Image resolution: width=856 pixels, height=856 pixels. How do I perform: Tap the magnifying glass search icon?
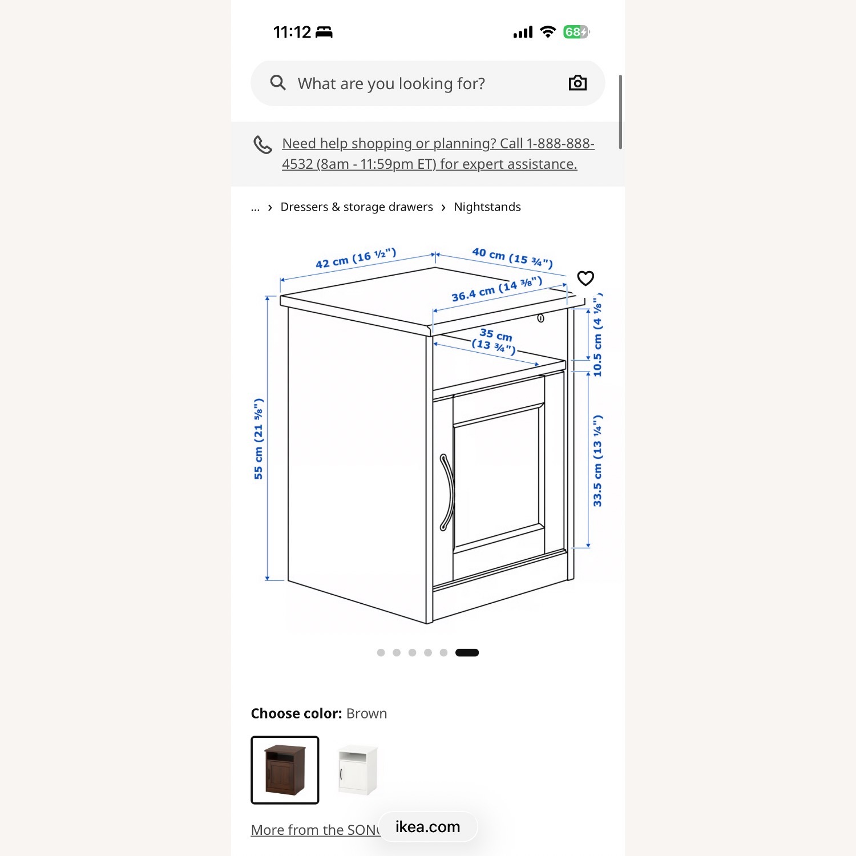click(x=278, y=83)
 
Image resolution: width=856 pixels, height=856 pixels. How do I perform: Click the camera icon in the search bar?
click(x=578, y=83)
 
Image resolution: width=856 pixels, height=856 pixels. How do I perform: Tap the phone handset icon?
click(x=263, y=145)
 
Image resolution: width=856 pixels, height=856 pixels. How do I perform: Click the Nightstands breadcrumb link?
click(x=487, y=207)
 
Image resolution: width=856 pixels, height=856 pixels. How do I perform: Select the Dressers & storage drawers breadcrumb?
click(x=357, y=207)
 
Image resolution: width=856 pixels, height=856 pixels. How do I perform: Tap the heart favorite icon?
click(x=586, y=278)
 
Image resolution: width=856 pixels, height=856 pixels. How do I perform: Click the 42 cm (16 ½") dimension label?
click(x=356, y=259)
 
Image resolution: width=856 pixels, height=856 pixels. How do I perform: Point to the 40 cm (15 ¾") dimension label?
click(x=512, y=257)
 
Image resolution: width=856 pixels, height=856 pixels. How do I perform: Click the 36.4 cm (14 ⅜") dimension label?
click(x=496, y=290)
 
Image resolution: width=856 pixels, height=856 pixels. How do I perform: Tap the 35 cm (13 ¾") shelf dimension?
click(x=495, y=340)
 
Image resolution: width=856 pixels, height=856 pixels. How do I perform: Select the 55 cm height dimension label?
click(x=259, y=438)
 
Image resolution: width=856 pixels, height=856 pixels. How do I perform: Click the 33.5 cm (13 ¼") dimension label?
click(x=597, y=461)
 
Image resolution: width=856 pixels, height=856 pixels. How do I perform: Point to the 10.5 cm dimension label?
click(x=597, y=337)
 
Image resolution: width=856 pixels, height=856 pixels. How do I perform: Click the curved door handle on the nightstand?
click(x=447, y=492)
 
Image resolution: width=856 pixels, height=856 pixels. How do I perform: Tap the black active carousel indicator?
click(x=467, y=653)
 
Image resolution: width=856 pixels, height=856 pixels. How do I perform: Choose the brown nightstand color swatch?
click(x=285, y=770)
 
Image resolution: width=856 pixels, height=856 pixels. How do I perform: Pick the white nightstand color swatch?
click(x=357, y=770)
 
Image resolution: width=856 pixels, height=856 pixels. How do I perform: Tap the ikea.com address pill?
click(x=428, y=827)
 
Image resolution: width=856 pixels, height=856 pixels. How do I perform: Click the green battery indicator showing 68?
click(x=575, y=32)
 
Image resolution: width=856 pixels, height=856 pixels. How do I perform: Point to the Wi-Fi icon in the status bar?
click(x=548, y=32)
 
